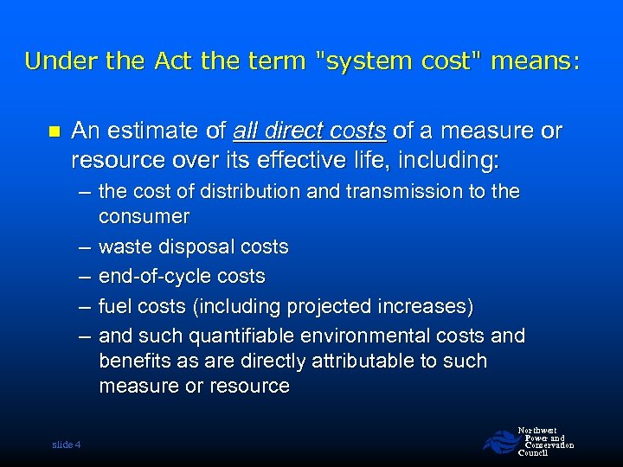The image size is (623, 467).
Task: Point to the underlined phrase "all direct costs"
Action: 310,131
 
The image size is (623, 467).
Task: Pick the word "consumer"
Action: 144,216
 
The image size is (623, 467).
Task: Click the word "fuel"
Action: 114,306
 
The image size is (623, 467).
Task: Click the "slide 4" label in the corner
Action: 66,445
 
